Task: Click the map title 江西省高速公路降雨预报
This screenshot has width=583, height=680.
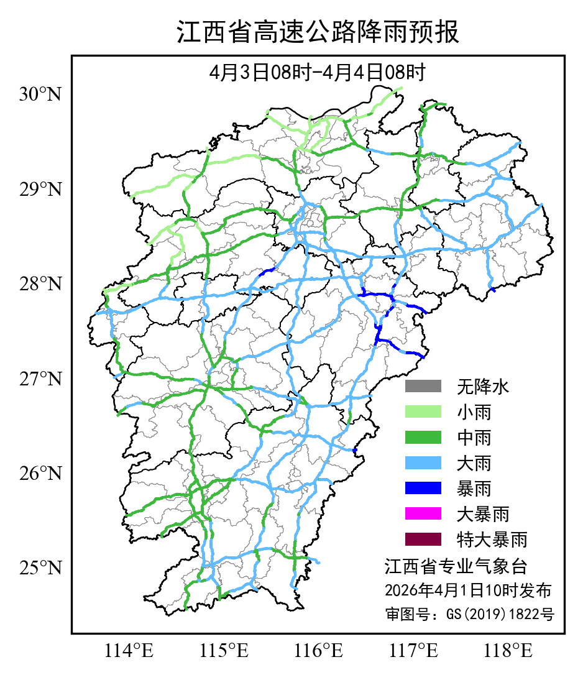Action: click(318, 32)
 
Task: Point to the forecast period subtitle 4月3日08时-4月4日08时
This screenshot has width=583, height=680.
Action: click(318, 73)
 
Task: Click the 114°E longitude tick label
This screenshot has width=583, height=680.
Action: click(129, 651)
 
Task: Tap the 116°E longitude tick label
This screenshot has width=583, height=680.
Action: click(319, 651)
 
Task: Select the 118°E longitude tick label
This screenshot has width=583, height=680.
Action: click(508, 651)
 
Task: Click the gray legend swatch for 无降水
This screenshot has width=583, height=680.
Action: click(423, 387)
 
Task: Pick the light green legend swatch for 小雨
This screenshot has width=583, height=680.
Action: click(423, 412)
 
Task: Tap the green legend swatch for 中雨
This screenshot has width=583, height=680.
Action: click(423, 438)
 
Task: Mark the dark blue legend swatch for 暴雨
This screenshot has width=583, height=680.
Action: click(423, 489)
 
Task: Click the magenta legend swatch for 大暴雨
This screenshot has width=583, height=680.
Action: click(423, 514)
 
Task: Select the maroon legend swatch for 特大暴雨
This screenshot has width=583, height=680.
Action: click(423, 539)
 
